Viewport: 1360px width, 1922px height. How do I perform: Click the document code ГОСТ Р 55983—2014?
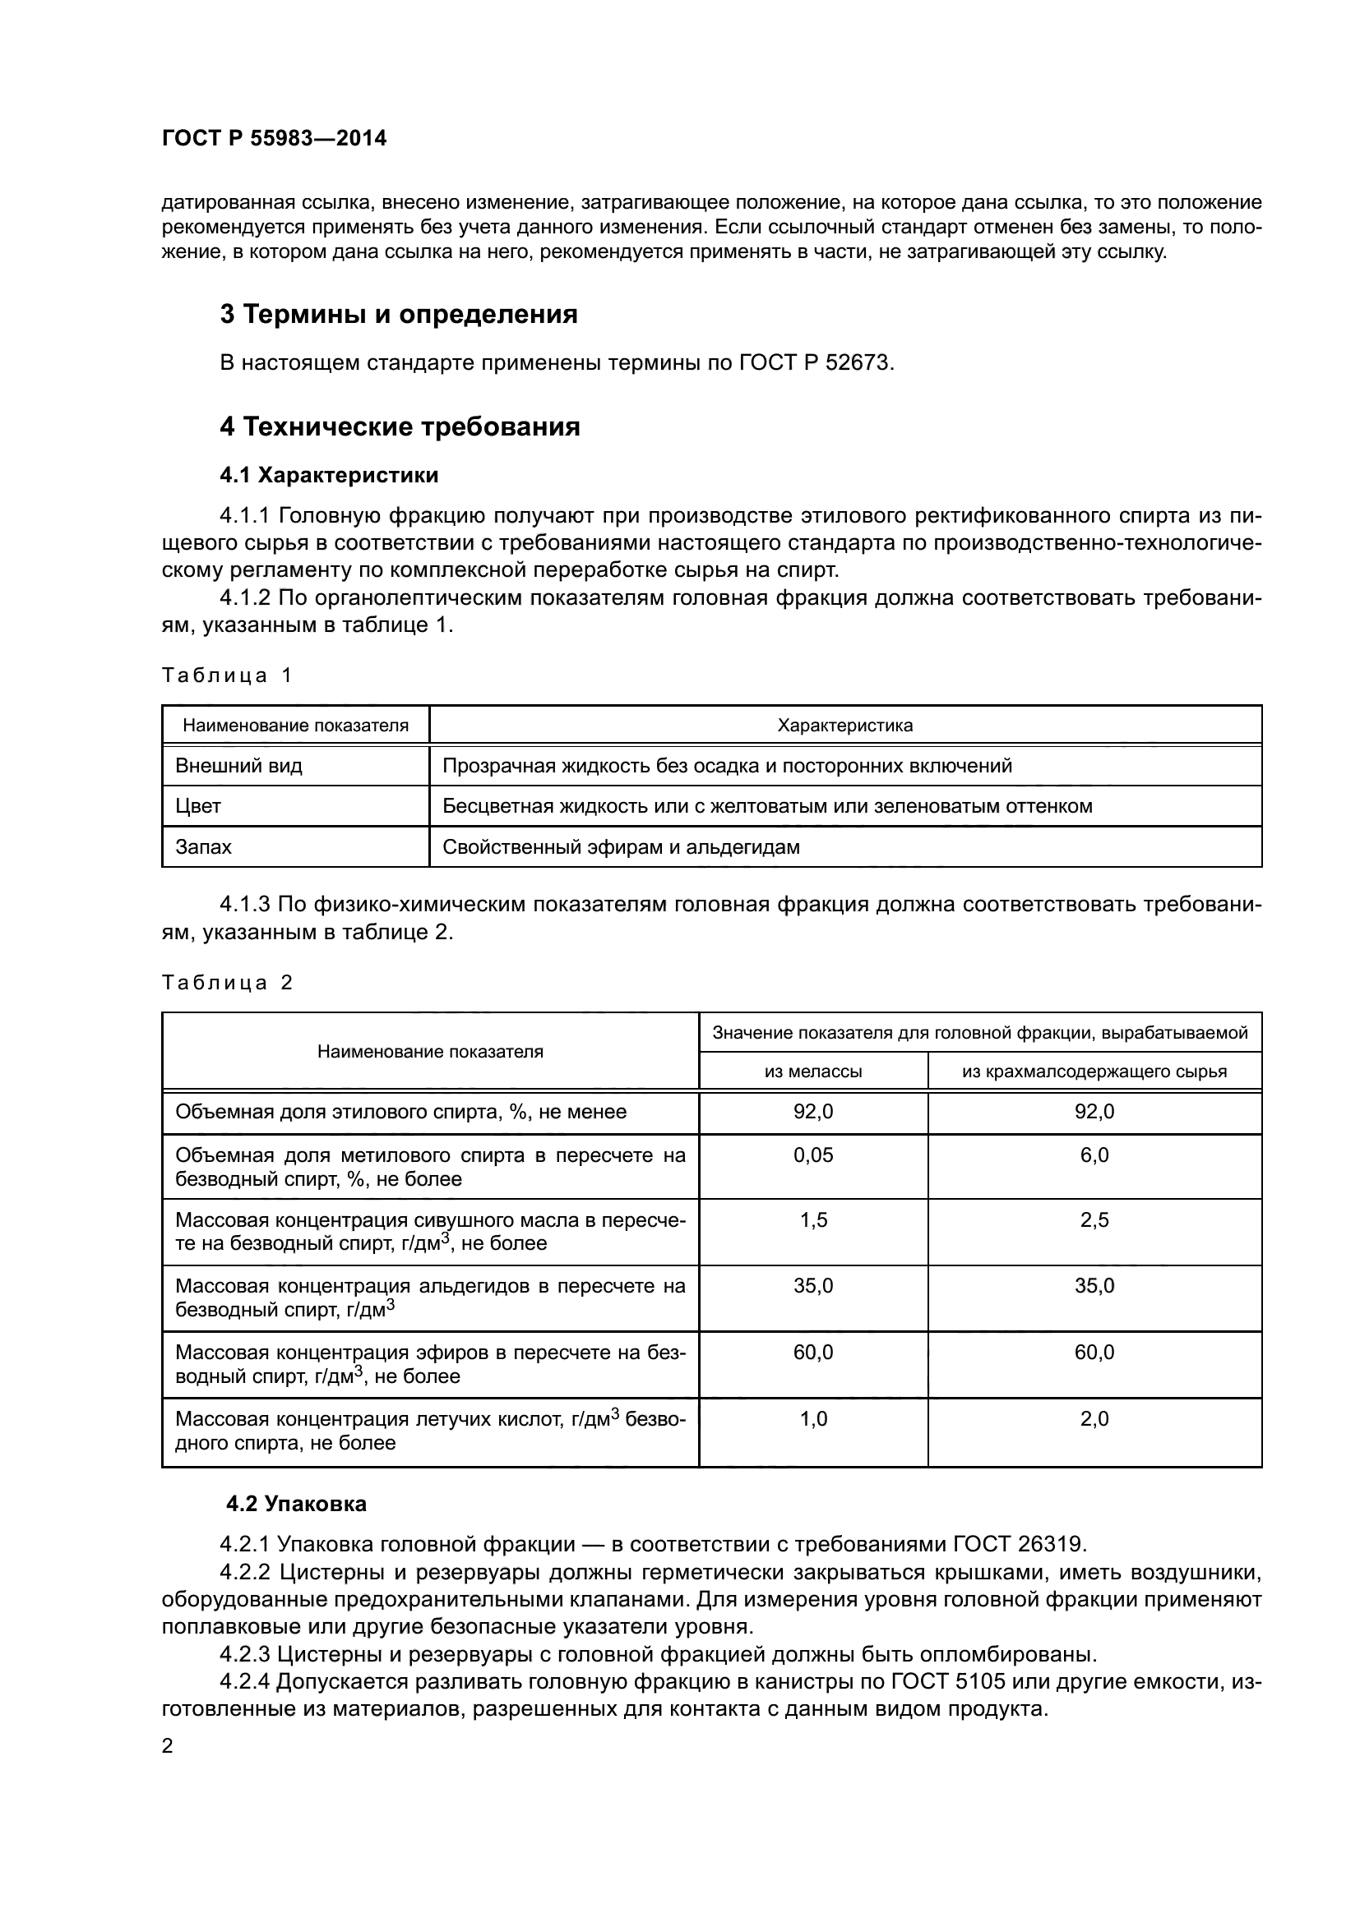(x=274, y=139)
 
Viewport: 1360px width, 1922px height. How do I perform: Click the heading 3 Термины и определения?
(x=399, y=315)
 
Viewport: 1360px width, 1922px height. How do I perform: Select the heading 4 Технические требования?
(x=400, y=427)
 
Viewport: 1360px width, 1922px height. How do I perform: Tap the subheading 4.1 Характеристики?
(x=329, y=476)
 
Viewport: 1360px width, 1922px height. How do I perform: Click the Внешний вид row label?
(x=238, y=766)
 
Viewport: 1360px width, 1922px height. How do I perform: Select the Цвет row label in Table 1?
(x=198, y=806)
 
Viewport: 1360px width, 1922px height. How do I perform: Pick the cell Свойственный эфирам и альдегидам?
(x=621, y=847)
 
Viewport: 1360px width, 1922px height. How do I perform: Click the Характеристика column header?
(x=845, y=726)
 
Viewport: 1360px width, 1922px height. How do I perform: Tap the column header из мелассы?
(x=813, y=1072)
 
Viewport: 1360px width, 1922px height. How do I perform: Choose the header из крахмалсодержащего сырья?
(x=1094, y=1072)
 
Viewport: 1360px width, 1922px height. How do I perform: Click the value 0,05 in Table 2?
(x=813, y=1155)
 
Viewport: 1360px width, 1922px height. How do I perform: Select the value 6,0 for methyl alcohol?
(x=1094, y=1155)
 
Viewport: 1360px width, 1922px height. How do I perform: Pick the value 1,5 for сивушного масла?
(x=813, y=1219)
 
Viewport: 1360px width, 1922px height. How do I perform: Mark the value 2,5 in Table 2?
(x=1094, y=1219)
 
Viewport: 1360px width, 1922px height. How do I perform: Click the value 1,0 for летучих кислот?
(x=813, y=1419)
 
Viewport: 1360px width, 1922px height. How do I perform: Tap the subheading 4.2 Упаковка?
(x=297, y=1505)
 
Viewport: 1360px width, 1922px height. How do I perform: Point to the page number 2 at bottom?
(x=168, y=1746)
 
